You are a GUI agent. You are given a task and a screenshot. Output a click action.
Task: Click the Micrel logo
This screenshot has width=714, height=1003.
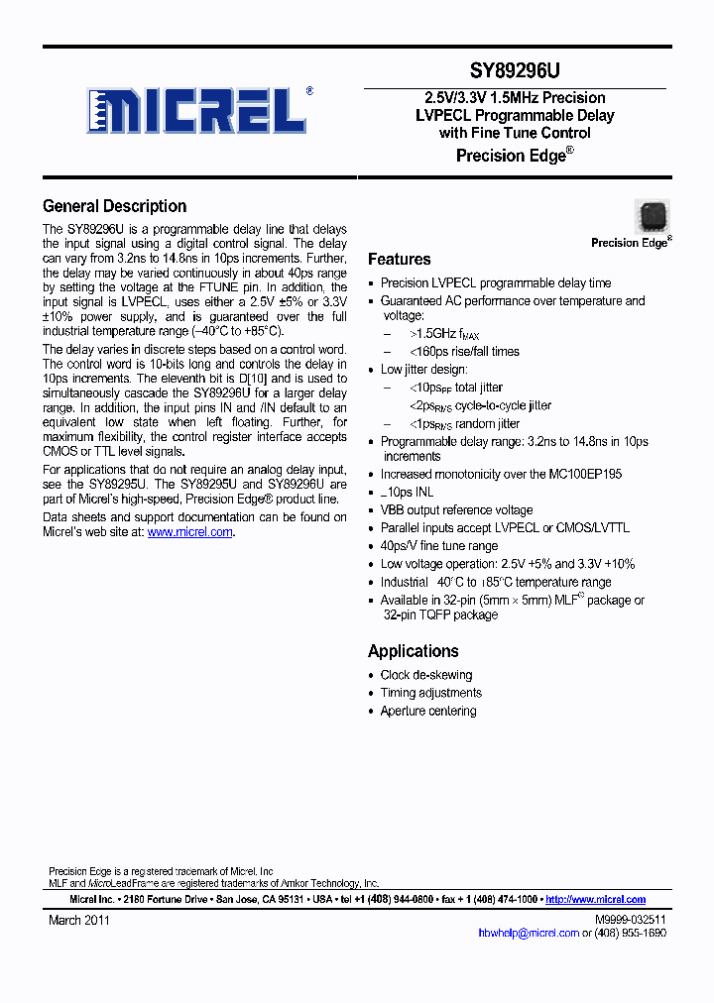(198, 110)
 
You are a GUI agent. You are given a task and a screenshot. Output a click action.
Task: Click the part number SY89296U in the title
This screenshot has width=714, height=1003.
(515, 71)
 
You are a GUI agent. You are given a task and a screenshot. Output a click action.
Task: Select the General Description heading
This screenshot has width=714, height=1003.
(114, 206)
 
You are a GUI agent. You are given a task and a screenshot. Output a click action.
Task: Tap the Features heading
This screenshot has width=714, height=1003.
(399, 259)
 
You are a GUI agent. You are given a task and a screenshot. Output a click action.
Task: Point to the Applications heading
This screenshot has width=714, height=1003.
(413, 651)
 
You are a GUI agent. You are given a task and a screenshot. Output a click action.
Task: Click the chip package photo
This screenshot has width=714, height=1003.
(652, 216)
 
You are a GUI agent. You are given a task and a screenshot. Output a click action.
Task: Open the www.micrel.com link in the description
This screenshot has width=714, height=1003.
(189, 532)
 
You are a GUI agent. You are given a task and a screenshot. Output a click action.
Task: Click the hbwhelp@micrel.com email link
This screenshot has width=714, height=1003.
(528, 933)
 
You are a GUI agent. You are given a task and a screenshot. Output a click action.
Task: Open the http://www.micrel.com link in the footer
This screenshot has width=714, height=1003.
(595, 900)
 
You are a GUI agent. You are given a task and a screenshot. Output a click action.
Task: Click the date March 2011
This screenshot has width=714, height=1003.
(79, 920)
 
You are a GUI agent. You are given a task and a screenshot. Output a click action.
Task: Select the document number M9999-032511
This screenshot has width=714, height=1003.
(630, 920)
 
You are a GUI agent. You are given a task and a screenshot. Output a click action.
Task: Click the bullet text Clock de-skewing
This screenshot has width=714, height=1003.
(426, 675)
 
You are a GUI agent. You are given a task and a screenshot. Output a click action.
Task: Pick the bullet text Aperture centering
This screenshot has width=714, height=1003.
(428, 711)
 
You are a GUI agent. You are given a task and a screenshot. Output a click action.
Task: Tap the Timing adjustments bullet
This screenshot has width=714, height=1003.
(431, 693)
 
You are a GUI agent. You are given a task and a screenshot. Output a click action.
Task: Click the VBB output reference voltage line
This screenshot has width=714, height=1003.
(456, 510)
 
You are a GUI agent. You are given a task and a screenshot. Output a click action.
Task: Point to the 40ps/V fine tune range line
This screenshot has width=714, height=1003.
(439, 546)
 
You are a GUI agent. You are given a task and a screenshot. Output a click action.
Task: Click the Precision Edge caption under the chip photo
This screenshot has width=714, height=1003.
(631, 242)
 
